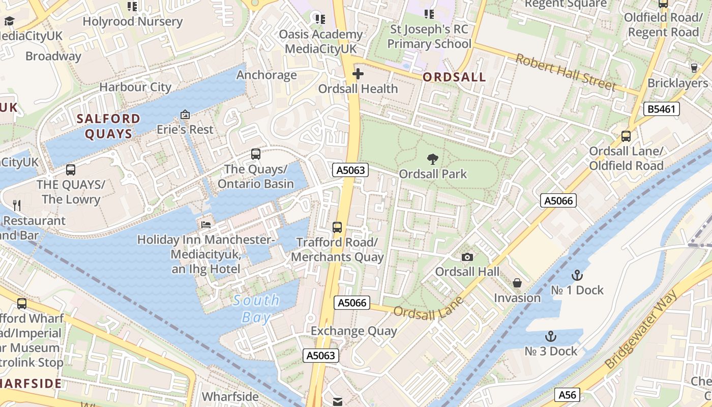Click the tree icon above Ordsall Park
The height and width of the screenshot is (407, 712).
coord(432,159)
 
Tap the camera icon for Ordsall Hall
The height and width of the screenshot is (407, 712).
coord(467,257)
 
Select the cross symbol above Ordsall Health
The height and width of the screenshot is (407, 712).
coord(358,74)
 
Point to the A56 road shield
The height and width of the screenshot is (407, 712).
coord(567,394)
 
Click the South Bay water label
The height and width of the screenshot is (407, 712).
coord(256,309)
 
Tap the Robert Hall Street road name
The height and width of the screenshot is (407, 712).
coord(566,72)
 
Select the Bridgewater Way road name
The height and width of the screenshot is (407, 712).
coord(641,329)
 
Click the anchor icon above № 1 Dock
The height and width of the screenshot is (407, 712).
coord(577,276)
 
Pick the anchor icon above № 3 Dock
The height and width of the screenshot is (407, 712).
coord(551,337)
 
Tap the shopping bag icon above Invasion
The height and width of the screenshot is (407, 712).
coord(517,283)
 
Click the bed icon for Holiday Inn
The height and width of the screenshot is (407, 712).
coord(205,224)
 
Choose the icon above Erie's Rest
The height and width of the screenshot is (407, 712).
coord(185,115)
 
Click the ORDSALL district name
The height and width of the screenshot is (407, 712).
coord(454,77)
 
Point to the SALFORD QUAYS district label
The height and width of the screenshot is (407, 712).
coord(108,126)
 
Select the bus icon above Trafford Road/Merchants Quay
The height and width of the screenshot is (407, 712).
coord(337,227)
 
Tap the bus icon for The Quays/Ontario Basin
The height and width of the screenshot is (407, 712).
coord(256,154)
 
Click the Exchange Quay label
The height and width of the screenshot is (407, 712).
coord(353,331)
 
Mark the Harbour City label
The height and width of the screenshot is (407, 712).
coord(135,87)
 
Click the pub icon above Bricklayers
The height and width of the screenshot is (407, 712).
coord(694,68)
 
